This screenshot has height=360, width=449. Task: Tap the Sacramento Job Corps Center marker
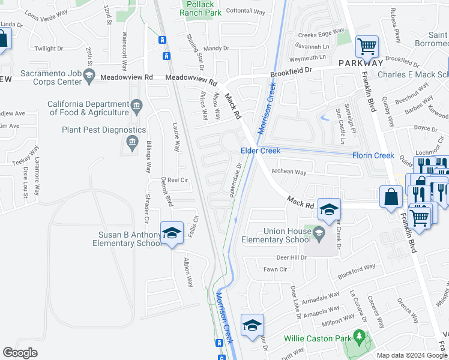point(89,74)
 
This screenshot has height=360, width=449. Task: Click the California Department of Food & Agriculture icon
point(137,107)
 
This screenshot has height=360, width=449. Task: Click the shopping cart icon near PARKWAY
point(366,46)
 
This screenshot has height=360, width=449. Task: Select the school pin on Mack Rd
point(329,209)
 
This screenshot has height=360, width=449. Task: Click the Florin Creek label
point(373,155)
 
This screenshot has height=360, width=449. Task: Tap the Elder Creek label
point(261,151)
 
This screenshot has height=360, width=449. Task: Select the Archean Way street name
point(289,172)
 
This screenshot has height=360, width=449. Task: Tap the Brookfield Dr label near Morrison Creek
point(291,71)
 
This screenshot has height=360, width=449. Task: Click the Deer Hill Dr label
point(291,257)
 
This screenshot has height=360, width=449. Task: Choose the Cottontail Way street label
point(246,11)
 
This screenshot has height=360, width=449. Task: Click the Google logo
point(20,353)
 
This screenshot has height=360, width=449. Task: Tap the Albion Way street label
point(188,272)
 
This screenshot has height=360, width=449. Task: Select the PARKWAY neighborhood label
point(360,63)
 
